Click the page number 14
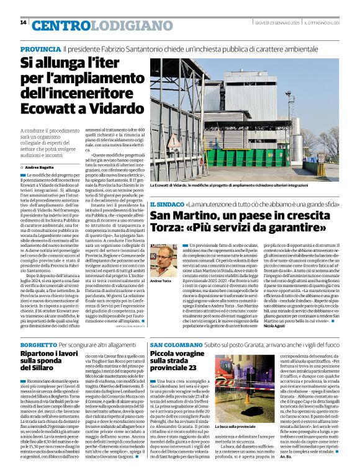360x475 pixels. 23,23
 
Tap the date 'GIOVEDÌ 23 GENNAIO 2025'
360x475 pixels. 277,24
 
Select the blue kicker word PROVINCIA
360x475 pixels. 40,49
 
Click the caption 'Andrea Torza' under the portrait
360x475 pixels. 161,281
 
